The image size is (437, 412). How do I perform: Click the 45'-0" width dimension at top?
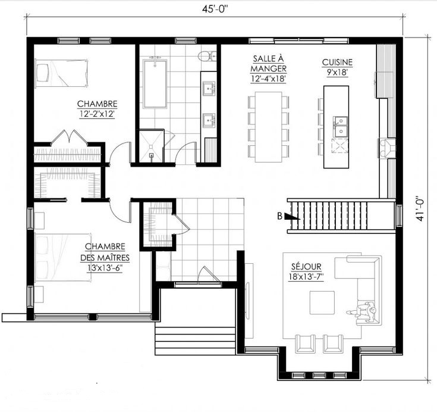click(215, 9)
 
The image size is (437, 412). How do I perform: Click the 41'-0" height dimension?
click(420, 210)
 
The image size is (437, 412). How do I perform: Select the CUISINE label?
click(337, 63)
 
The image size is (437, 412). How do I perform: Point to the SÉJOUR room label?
click(306, 267)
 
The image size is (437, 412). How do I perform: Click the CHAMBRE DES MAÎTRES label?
click(105, 252)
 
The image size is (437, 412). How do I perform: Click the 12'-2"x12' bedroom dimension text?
click(97, 114)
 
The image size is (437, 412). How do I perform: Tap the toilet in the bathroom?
click(208, 56)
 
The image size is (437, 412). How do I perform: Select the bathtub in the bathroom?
click(155, 83)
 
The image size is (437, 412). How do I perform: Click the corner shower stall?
click(151, 145)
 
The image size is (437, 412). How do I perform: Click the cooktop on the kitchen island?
click(339, 146)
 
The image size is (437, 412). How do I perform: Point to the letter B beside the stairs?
click(279, 216)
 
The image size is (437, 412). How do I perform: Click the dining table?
click(269, 127)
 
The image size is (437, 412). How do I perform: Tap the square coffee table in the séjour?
click(322, 302)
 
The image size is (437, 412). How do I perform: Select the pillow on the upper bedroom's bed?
click(42, 73)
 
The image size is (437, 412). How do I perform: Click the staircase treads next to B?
click(329, 215)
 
